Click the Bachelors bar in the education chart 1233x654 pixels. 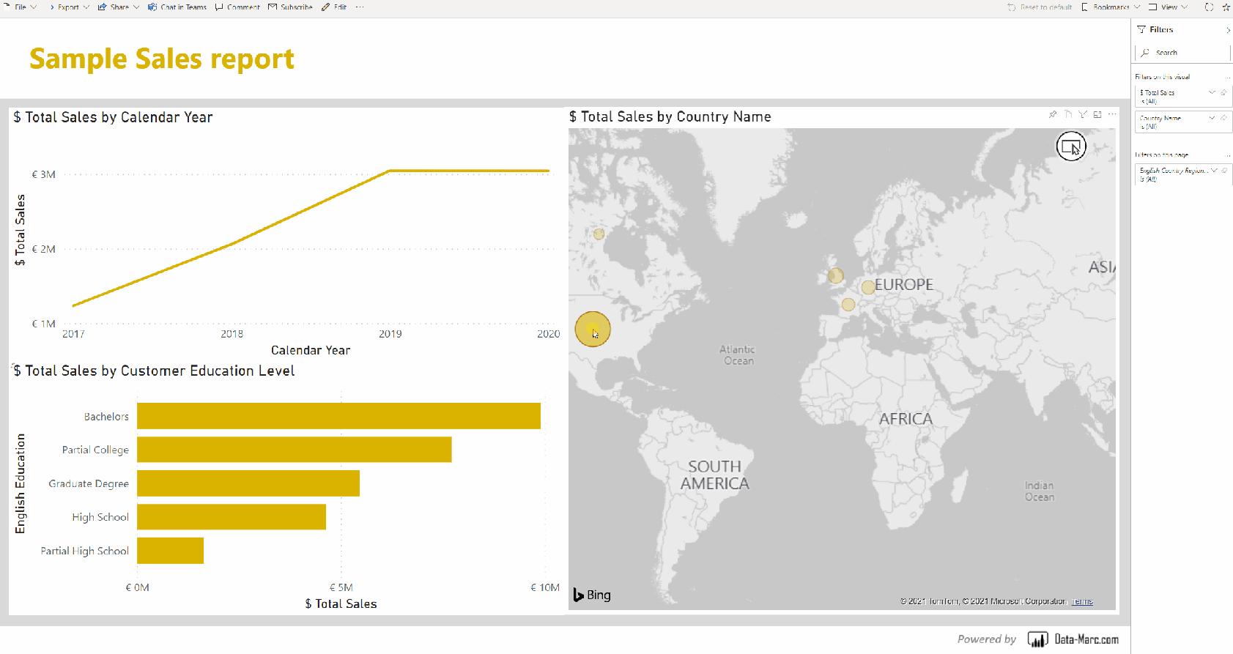338,416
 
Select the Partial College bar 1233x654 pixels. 294,450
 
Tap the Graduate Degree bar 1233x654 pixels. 248,483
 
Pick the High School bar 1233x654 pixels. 231,517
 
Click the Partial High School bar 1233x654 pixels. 170,551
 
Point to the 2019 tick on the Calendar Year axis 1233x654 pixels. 390,334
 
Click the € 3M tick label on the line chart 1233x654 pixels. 44,174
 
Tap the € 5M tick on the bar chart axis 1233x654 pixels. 341,587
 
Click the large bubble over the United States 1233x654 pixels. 592,330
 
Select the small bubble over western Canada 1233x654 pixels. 599,234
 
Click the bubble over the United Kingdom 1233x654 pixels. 835,276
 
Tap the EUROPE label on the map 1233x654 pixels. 904,285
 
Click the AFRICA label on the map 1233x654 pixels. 906,419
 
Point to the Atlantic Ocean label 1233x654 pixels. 737,355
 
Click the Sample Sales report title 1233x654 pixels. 162,59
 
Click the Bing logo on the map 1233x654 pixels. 592,595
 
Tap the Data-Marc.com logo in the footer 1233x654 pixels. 1073,639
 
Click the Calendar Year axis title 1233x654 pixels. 311,350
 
